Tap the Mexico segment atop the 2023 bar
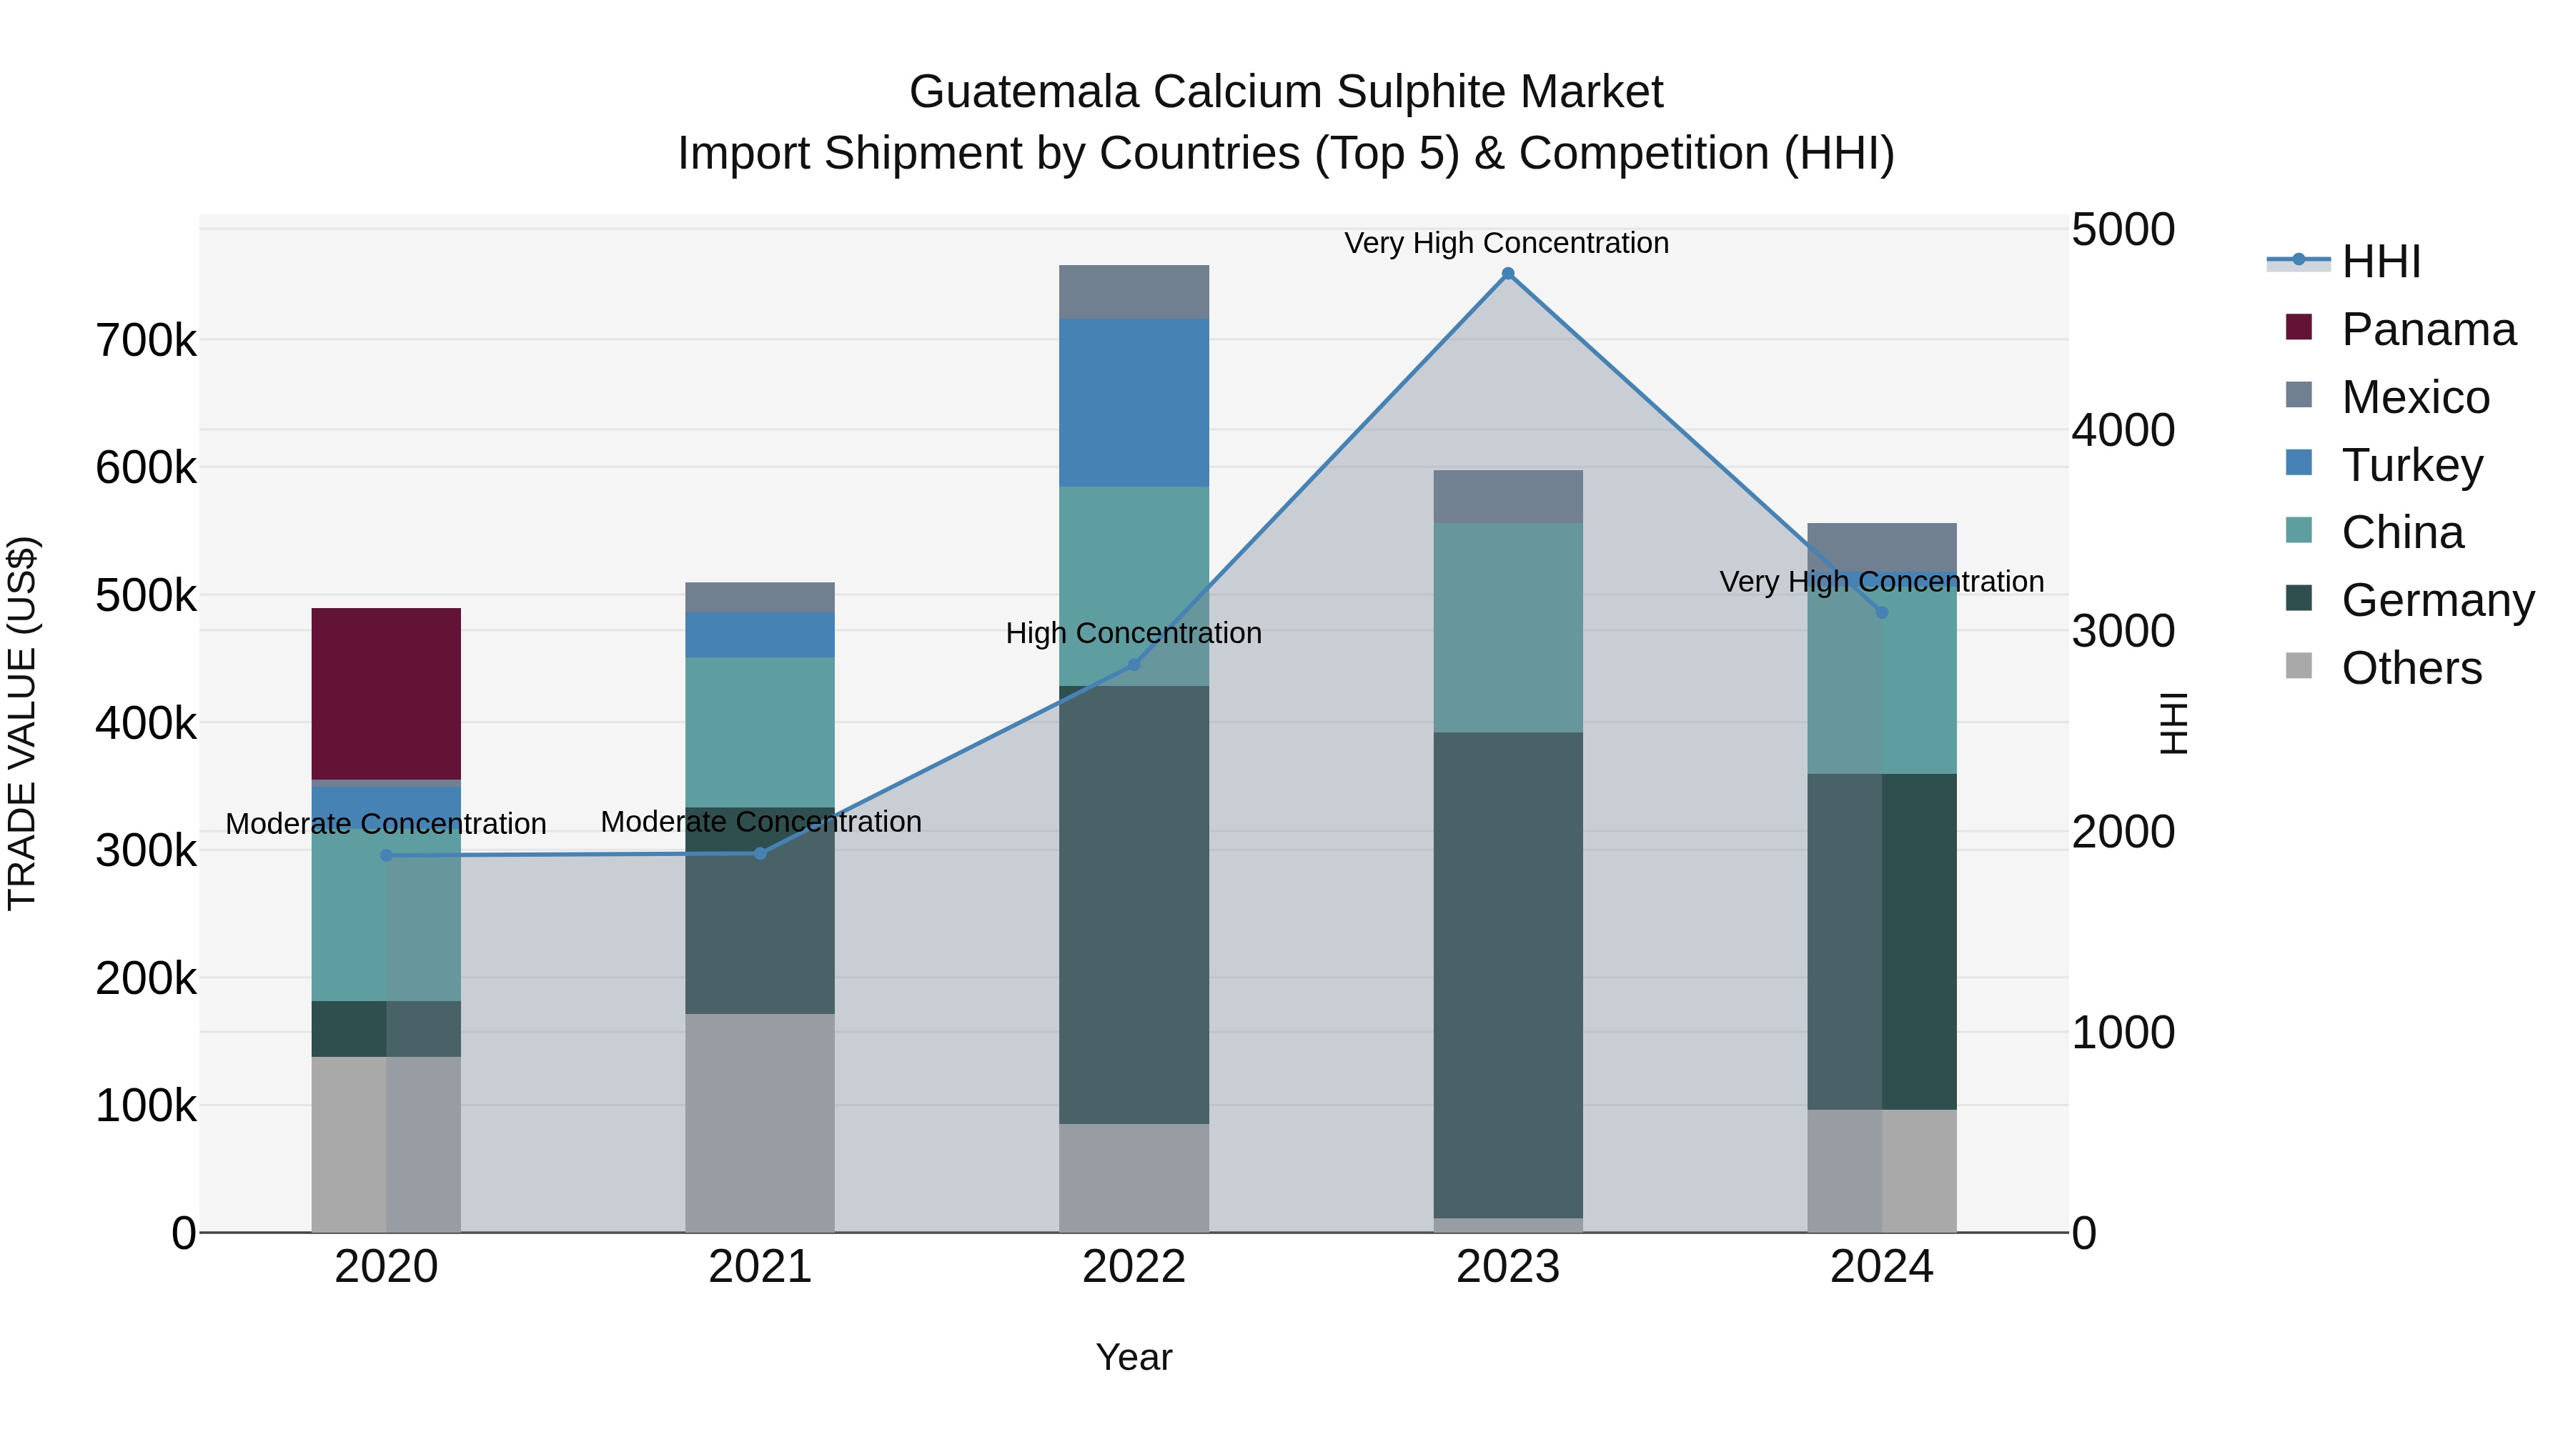[1507, 497]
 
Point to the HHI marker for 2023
[1507, 274]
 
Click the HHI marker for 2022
[1134, 664]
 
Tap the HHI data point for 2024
[1882, 612]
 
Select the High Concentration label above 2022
[1134, 633]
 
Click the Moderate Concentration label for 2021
[760, 822]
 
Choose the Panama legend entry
[2427, 329]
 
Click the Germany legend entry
[2436, 600]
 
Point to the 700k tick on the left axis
[146, 342]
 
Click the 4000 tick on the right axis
[2123, 430]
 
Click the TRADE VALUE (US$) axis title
[22, 723]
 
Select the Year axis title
[1134, 1357]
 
